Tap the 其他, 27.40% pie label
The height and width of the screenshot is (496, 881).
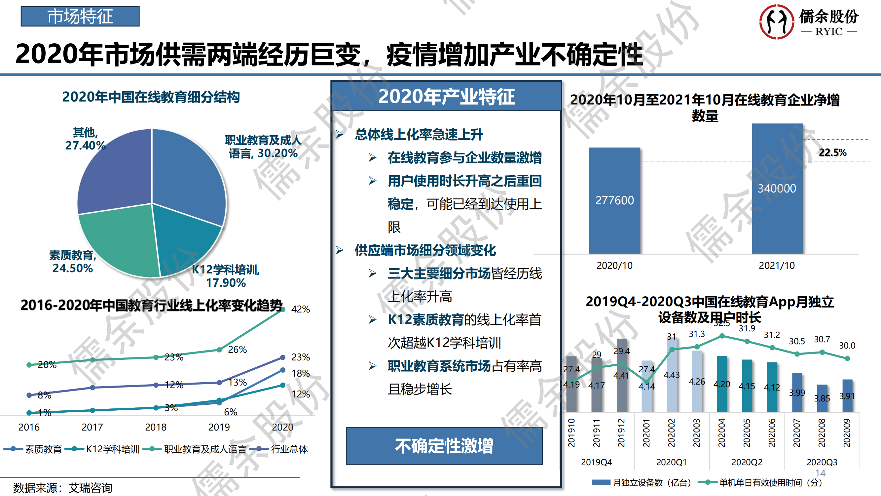tap(85, 139)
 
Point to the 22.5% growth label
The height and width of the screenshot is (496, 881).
tap(832, 153)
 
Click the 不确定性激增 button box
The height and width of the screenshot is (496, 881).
tap(444, 446)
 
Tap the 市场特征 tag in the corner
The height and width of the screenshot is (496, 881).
tap(80, 17)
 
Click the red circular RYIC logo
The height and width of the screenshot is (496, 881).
tap(776, 21)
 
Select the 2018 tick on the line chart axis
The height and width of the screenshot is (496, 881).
tap(156, 427)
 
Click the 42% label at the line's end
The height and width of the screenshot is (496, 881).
tap(300, 310)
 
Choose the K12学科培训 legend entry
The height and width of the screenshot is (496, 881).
tap(106, 449)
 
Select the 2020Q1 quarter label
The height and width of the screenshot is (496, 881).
tap(671, 463)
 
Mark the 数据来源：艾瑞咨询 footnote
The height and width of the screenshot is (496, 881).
tap(62, 488)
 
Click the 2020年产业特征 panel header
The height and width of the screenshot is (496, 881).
tap(446, 97)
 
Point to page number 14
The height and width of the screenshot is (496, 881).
tap(820, 473)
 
